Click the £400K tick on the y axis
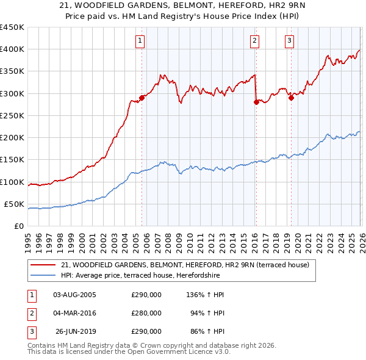(x=12, y=49)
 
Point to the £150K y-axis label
(x=12, y=160)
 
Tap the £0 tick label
(x=18, y=226)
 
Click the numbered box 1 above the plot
(x=140, y=41)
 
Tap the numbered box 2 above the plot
(x=254, y=41)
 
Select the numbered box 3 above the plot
(x=289, y=41)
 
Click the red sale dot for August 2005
(x=142, y=98)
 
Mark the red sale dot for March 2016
(x=256, y=103)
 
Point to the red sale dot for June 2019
(x=291, y=98)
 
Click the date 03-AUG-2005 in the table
(x=74, y=295)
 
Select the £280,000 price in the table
(x=146, y=314)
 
